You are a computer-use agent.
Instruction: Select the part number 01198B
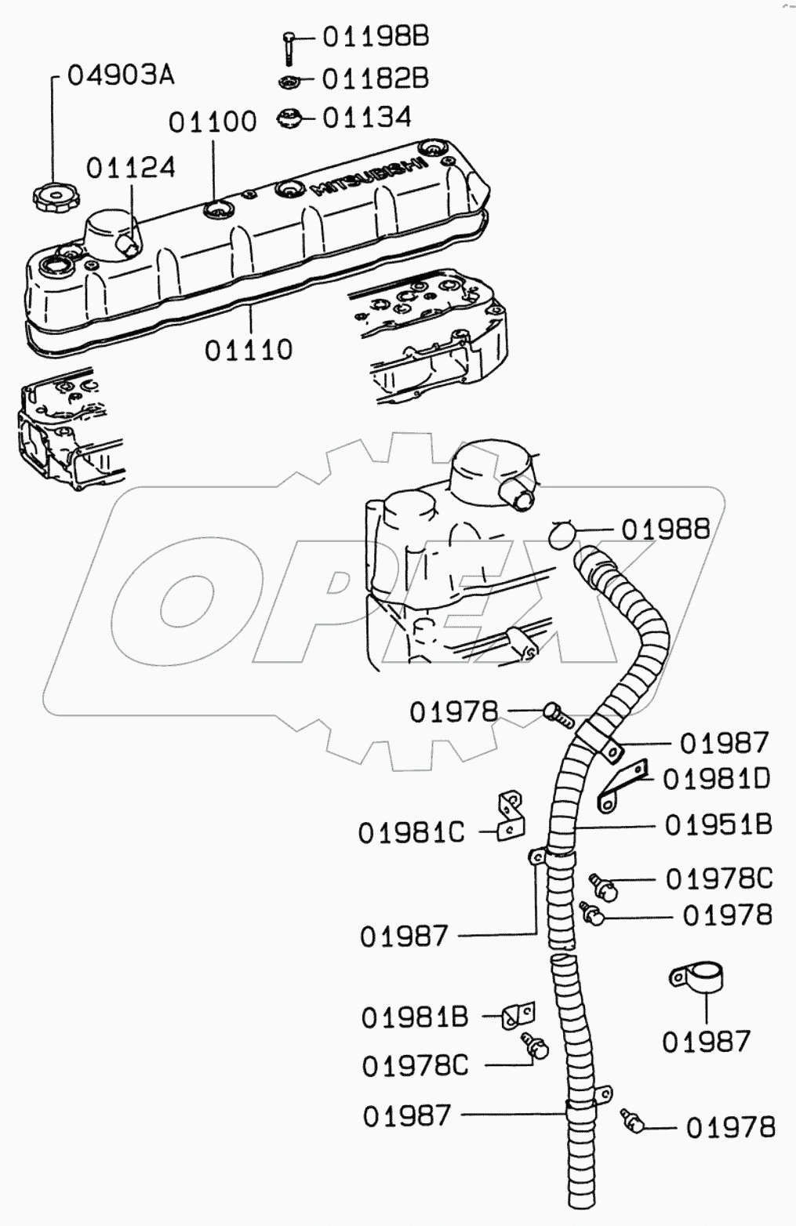click(x=376, y=37)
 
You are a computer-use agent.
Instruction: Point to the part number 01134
click(x=367, y=118)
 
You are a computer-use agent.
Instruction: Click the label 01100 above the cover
click(x=213, y=122)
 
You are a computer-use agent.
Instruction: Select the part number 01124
click(x=130, y=167)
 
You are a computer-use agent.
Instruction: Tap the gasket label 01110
click(x=249, y=350)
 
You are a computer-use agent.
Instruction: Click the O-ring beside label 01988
click(x=562, y=533)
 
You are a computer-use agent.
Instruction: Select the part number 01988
click(x=665, y=529)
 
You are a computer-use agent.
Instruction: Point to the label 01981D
click(x=717, y=779)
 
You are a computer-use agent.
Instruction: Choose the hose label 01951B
click(x=718, y=824)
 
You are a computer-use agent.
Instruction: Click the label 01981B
click(x=414, y=1017)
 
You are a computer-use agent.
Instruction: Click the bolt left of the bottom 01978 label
click(x=632, y=1120)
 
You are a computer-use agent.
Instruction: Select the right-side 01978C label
click(x=719, y=879)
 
